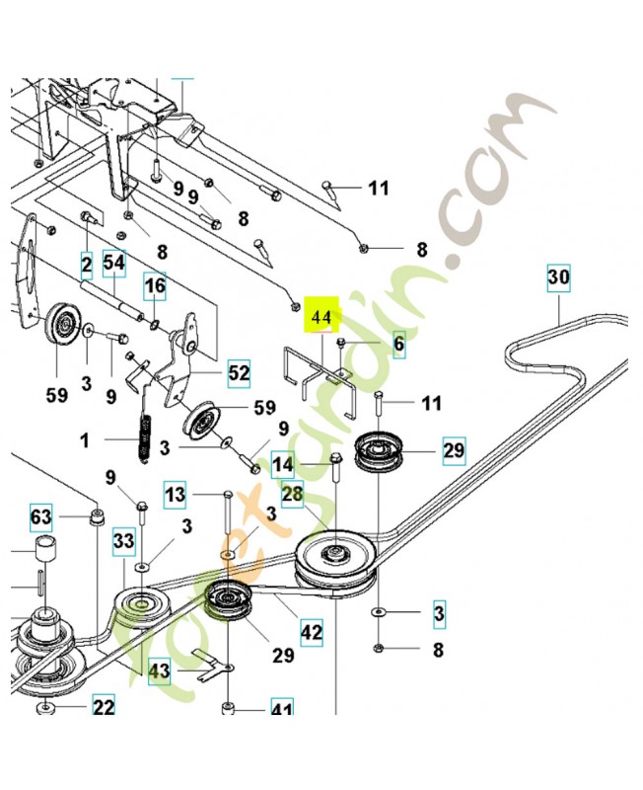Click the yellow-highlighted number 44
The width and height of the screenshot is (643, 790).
pos(321,317)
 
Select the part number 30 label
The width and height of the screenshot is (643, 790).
pos(558,279)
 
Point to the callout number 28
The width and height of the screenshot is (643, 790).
pos(292,496)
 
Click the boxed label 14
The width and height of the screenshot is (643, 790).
pos(283,465)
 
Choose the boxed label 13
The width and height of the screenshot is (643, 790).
pos(175,496)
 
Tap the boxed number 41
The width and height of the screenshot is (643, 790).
pos(283,709)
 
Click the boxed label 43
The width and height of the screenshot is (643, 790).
pos(159,671)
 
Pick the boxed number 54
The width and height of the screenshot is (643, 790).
pos(114,264)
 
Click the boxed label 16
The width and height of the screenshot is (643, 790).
pos(156,287)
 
